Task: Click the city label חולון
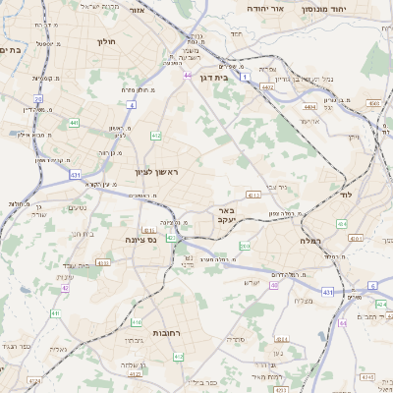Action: point(107,42)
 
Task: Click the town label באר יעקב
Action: point(222,216)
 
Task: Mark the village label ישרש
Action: point(251,283)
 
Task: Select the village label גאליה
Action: point(59,348)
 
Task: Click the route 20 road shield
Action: point(38,99)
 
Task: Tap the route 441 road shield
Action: point(75,123)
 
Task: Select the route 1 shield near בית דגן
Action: point(244,90)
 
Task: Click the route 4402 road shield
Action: point(266,87)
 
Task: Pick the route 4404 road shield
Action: point(310,107)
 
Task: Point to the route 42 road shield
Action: point(66,288)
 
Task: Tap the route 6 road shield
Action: point(372,285)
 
